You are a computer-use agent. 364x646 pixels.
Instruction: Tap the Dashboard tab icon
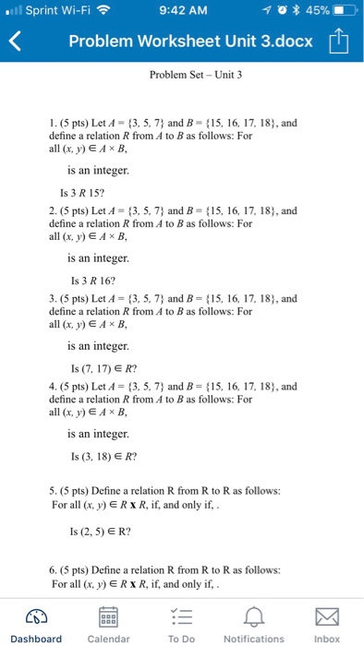pyautogui.click(x=36, y=616)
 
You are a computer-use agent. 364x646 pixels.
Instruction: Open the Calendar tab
pyautogui.click(x=108, y=616)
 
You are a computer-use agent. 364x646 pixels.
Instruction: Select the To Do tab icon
pyautogui.click(x=182, y=616)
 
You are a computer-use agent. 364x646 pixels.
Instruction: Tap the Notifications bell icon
pyautogui.click(x=254, y=616)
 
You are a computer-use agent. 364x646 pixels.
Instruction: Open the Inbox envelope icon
pyautogui.click(x=327, y=616)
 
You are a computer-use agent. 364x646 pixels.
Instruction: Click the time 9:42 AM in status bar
pyautogui.click(x=181, y=11)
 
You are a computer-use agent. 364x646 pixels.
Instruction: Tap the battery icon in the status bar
pyautogui.click(x=340, y=11)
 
